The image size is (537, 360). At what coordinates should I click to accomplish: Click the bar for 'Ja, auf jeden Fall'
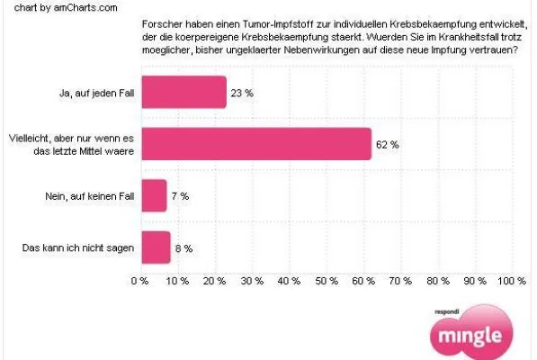[183, 92]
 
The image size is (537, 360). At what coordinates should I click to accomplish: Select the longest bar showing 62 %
[255, 144]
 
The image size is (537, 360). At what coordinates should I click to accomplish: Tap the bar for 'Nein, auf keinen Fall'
[153, 195]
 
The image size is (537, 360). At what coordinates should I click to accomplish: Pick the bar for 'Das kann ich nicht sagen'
[155, 247]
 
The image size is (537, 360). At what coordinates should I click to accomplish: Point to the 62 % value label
[389, 144]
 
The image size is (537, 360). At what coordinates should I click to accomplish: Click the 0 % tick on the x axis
[139, 282]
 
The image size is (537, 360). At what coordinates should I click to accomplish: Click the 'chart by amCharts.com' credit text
[53, 7]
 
